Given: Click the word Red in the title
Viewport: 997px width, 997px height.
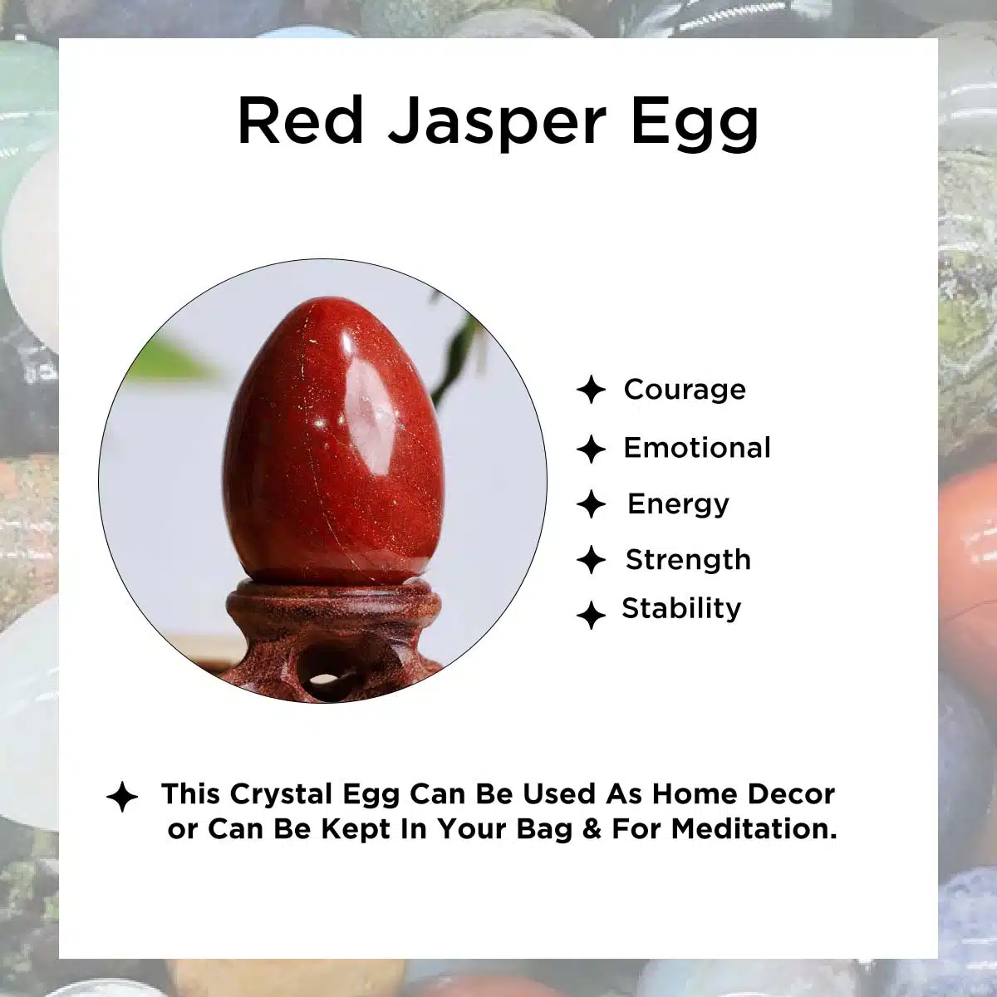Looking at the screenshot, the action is [301, 120].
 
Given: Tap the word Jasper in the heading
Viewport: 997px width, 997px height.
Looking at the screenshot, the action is [497, 124].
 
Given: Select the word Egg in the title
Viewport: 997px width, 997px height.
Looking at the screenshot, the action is [695, 124].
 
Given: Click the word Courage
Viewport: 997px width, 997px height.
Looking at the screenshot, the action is [684, 390].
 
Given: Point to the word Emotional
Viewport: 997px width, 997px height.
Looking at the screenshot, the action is [697, 448].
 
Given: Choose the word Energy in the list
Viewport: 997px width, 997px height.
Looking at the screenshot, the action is [678, 505].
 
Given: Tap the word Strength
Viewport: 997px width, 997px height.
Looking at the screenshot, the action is [688, 560].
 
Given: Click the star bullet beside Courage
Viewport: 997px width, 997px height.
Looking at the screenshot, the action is [591, 390].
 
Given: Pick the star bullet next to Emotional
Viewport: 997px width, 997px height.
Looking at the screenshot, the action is [591, 449].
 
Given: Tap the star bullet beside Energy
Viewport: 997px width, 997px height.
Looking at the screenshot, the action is [591, 504].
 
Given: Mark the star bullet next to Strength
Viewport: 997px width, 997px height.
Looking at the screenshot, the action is [591, 559].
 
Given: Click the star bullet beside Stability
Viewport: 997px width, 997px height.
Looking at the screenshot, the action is [591, 615].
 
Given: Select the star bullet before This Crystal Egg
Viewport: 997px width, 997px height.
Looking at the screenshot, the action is [122, 796].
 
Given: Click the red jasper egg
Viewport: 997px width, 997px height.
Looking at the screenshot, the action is [334, 442].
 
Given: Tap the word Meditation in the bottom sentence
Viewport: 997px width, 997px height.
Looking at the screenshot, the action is [754, 829].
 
